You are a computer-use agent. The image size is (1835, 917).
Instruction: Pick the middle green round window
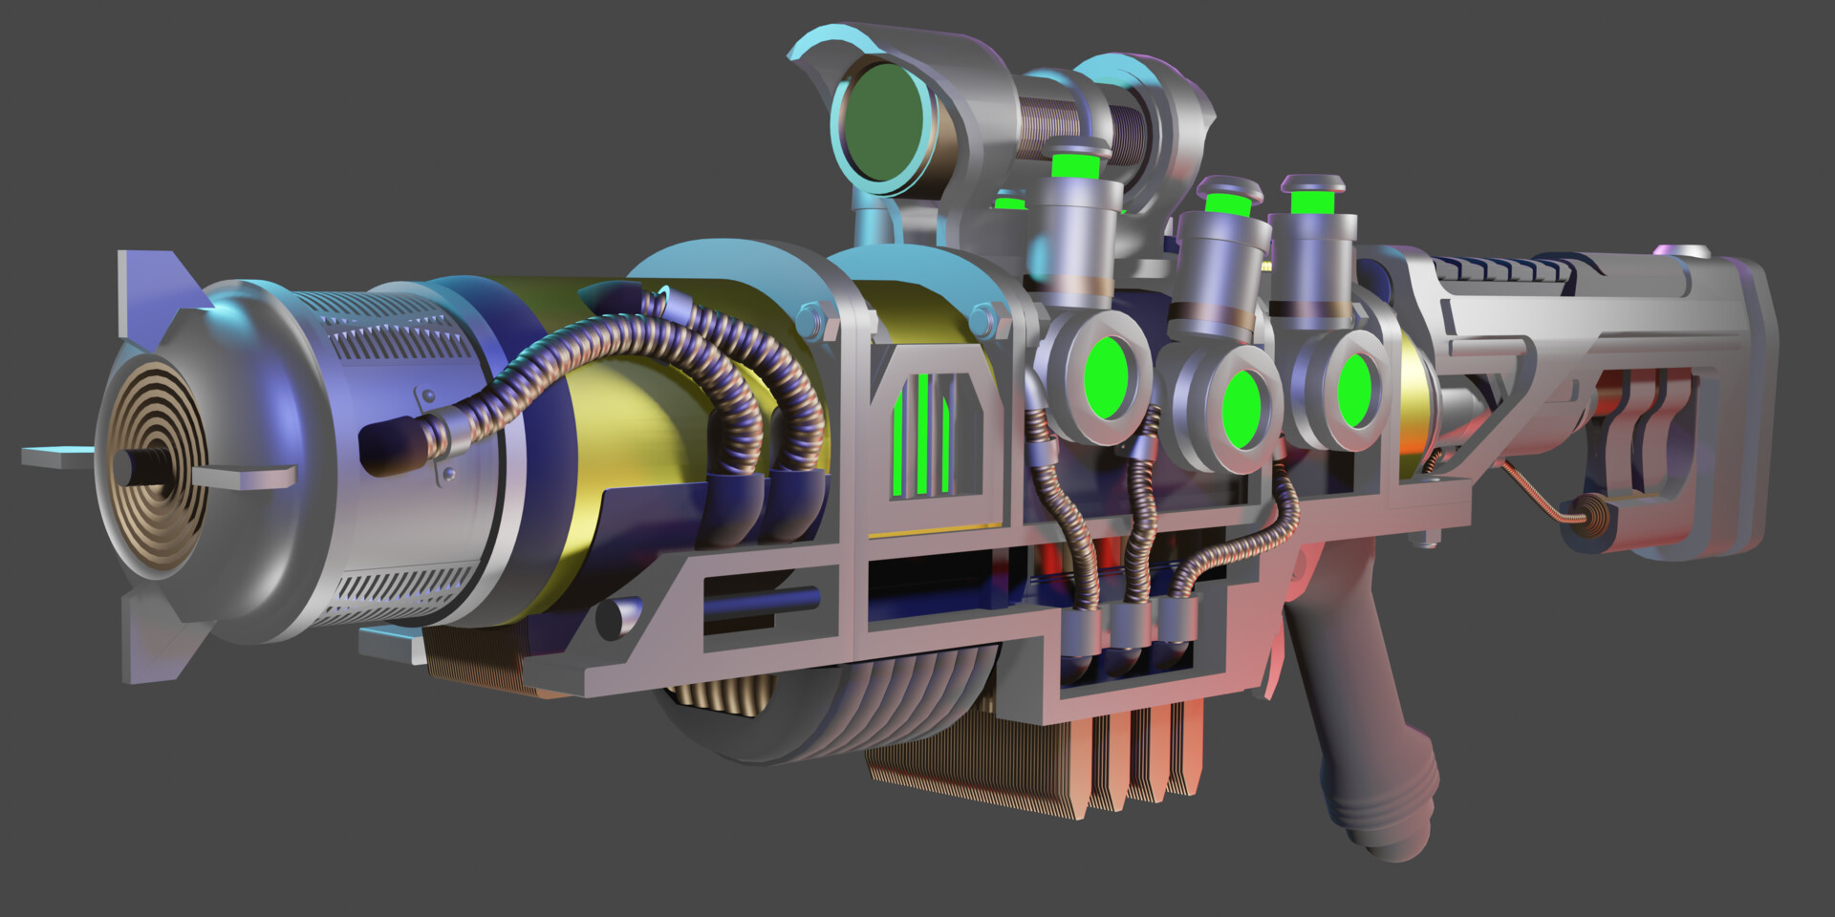(x=1241, y=412)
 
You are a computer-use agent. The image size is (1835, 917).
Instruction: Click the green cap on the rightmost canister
(x=1311, y=203)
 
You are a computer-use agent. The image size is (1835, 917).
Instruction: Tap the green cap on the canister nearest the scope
(x=1074, y=165)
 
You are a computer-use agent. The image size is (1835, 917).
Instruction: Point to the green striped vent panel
(x=923, y=435)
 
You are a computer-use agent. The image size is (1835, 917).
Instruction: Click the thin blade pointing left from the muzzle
(x=57, y=457)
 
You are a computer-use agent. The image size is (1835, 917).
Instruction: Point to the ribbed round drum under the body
(x=822, y=707)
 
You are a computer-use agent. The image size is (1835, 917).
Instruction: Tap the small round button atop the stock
(x=1694, y=251)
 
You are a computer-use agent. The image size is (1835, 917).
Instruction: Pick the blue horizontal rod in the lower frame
(x=765, y=601)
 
